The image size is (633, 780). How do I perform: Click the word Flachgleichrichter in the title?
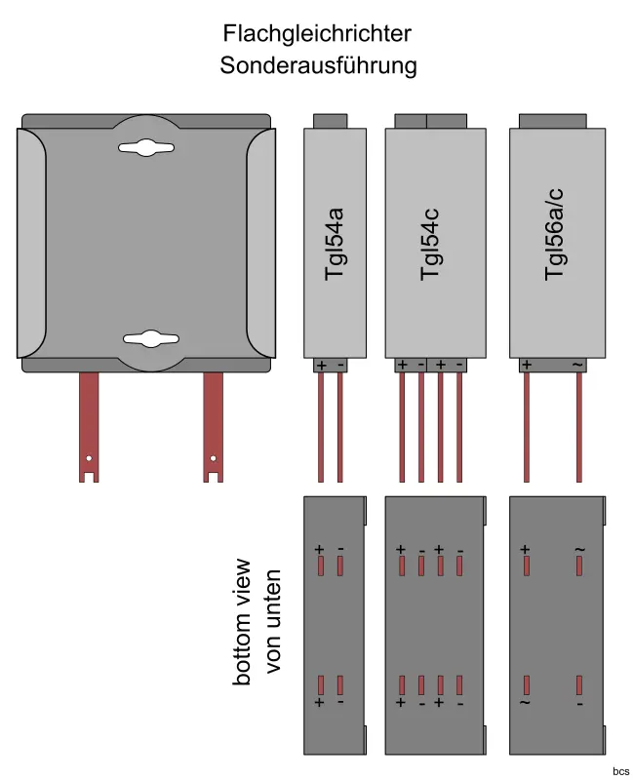click(x=317, y=34)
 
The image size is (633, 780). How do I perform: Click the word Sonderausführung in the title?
click(x=318, y=66)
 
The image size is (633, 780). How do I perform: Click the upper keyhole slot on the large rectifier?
click(x=145, y=147)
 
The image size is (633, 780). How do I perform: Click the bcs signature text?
click(x=620, y=771)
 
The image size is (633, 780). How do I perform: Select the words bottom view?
click(x=243, y=621)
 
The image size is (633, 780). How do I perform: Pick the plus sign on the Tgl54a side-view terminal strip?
click(x=321, y=365)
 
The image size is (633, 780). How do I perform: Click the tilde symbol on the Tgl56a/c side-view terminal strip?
click(x=577, y=365)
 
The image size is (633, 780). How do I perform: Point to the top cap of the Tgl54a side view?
click(x=330, y=121)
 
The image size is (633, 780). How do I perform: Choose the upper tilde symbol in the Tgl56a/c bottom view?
click(x=579, y=550)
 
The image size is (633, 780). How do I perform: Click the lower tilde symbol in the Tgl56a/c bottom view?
click(x=526, y=702)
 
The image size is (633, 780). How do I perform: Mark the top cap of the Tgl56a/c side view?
click(x=552, y=121)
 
